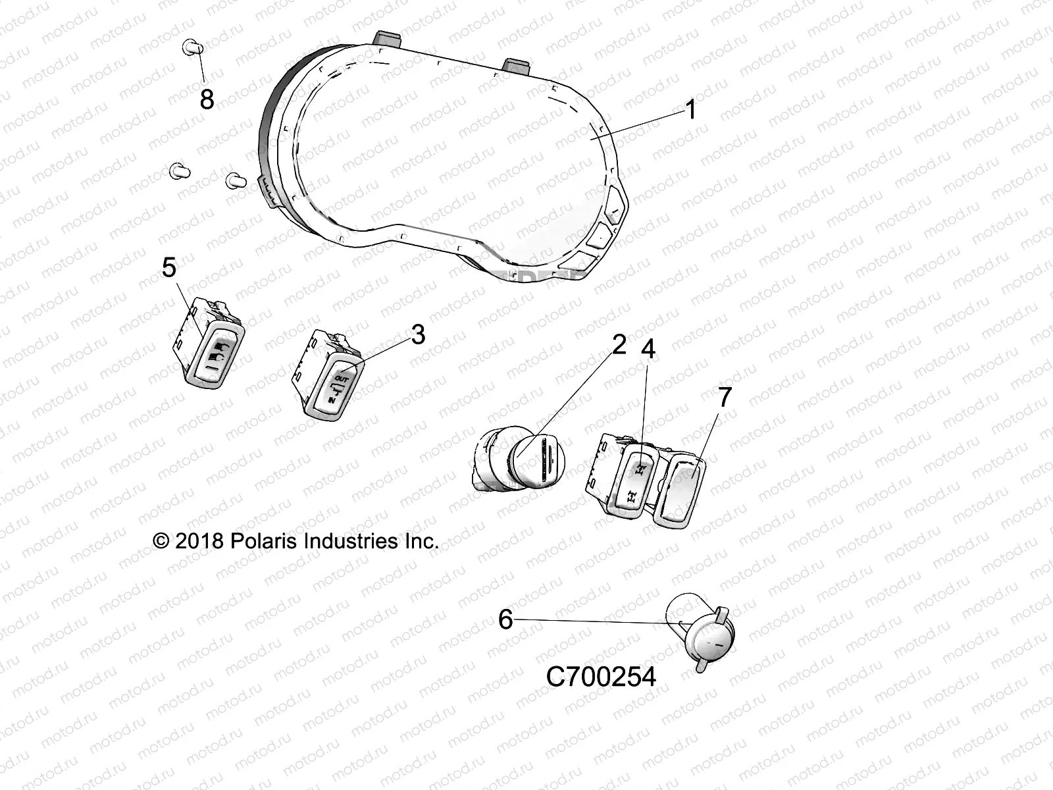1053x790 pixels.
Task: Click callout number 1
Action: tap(690, 109)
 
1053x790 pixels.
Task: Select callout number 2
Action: tap(619, 344)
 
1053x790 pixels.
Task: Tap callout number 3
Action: tap(418, 335)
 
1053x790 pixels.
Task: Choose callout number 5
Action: tap(169, 268)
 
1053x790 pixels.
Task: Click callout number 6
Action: tap(505, 619)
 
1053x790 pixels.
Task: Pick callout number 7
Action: tap(724, 398)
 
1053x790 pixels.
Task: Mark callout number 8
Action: tap(207, 100)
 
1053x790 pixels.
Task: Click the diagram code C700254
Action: tap(601, 677)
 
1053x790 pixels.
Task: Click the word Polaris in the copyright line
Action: tap(264, 541)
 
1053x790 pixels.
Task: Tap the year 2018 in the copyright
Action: tap(199, 541)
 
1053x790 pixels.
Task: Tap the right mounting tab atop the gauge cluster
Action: tap(517, 65)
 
